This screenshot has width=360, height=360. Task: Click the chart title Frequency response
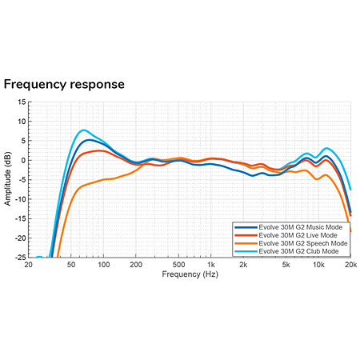(64, 85)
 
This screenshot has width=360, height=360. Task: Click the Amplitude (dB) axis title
(8, 178)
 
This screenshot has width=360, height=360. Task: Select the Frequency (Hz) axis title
(190, 274)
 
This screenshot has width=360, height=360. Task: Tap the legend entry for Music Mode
(289, 227)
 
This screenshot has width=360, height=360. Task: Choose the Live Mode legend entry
(286, 235)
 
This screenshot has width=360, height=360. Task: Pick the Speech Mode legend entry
(291, 243)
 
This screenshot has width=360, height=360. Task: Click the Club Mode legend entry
(286, 251)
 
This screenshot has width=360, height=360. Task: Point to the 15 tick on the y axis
(22, 102)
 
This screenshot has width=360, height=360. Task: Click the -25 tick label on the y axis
(20, 258)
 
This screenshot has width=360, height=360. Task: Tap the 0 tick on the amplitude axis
(24, 160)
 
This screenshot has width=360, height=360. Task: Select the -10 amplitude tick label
(20, 199)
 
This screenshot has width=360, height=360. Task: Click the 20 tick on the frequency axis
(28, 265)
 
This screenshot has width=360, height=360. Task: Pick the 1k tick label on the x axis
(211, 265)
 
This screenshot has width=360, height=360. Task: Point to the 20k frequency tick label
(350, 265)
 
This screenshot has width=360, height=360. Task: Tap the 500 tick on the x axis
(178, 265)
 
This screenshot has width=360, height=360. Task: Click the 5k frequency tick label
(286, 265)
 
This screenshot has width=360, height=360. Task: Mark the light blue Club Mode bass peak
(84, 130)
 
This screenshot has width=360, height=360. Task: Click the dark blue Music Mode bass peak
(89, 140)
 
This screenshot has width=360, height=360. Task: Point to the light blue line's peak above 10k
(326, 148)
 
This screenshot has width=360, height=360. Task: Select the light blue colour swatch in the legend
(246, 251)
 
